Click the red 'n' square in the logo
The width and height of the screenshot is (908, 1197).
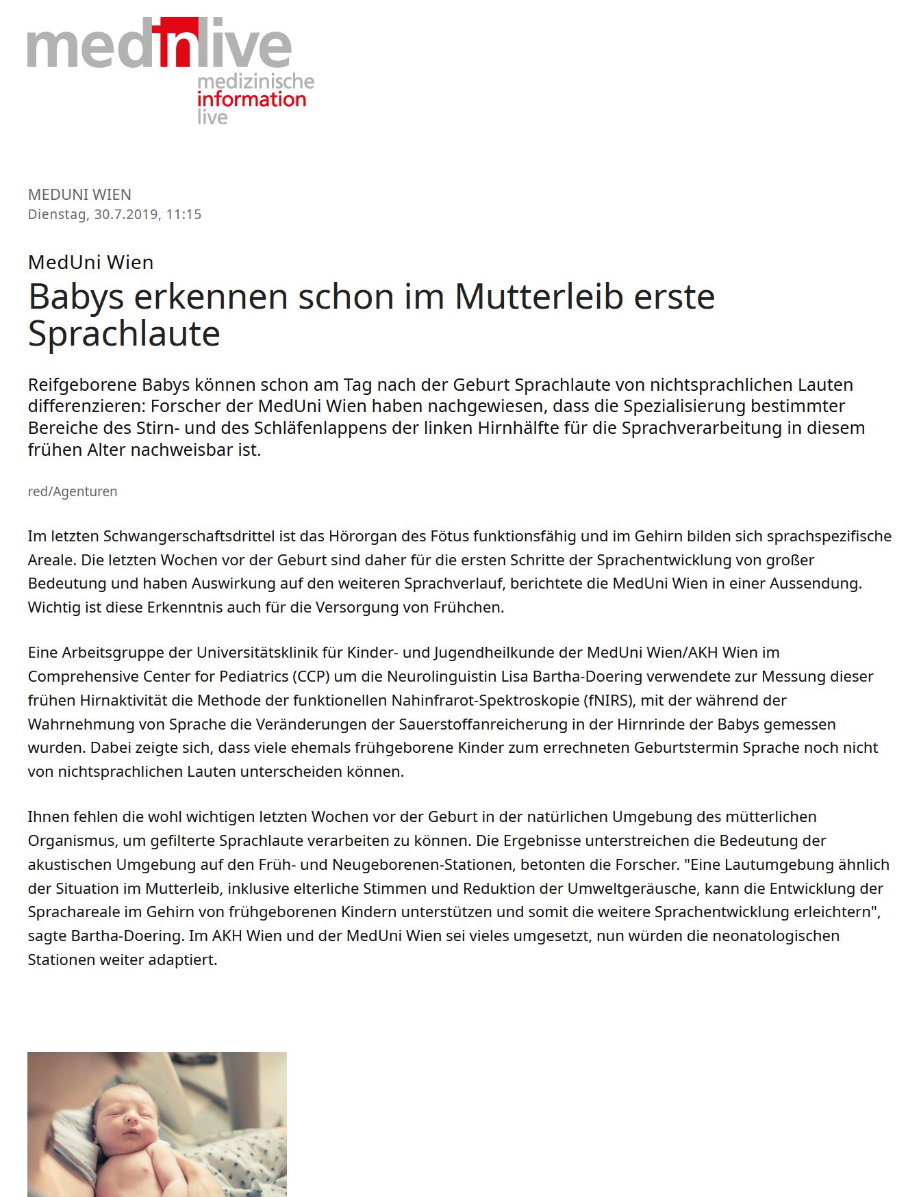click(175, 42)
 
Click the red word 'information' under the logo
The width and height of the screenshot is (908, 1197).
click(251, 100)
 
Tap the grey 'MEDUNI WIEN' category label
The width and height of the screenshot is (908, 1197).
click(79, 194)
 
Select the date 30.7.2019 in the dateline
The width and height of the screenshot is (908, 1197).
click(126, 214)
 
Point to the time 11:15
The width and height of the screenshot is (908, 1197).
click(184, 214)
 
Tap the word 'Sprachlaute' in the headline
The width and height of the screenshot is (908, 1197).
click(124, 334)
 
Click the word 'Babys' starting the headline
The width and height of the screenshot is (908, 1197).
click(76, 297)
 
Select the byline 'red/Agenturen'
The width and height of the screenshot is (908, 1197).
click(73, 491)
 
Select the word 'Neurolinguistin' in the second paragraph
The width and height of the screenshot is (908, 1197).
click(442, 676)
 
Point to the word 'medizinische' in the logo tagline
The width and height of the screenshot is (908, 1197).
click(255, 82)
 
